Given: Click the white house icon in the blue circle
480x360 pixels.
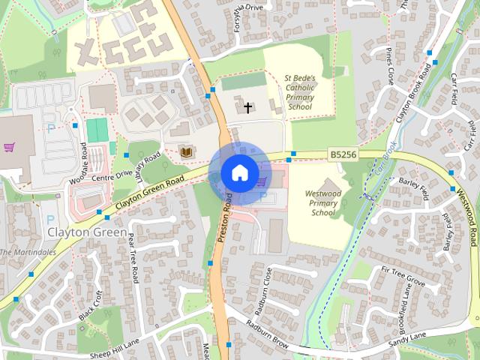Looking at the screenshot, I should [x=239, y=173].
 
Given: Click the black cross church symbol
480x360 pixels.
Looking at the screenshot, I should [x=248, y=108].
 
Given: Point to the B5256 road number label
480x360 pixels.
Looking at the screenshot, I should [x=342, y=154].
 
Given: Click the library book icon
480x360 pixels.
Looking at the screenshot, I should [x=187, y=153].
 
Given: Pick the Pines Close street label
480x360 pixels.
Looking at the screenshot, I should [x=391, y=68].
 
